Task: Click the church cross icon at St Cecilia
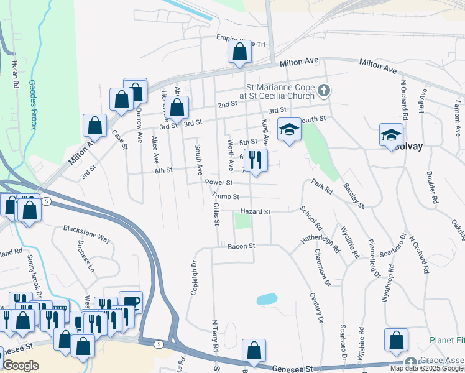pos(323,91)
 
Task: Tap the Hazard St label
pos(257,212)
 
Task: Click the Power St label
pos(219,183)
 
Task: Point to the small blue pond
pos(266,299)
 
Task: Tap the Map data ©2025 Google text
pos(426,368)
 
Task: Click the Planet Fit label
pos(446,341)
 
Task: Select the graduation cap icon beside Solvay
pos(391,135)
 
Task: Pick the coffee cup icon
pos(131,302)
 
